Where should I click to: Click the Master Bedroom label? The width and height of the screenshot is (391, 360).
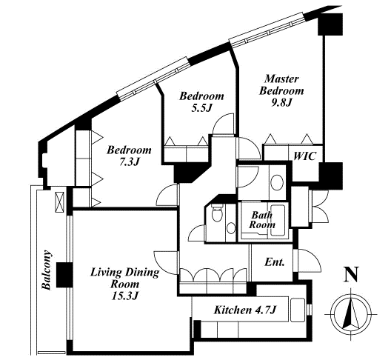click(x=281, y=85)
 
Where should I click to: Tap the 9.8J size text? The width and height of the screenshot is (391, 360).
click(x=281, y=102)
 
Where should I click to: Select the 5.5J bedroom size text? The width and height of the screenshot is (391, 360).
click(x=201, y=107)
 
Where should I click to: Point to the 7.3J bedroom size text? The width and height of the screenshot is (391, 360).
click(x=129, y=162)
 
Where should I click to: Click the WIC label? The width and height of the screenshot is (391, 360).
click(x=304, y=156)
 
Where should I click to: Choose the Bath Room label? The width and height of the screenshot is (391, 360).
click(x=262, y=220)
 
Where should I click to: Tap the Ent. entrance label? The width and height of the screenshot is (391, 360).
click(x=275, y=262)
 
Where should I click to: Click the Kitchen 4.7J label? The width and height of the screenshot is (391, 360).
click(x=245, y=310)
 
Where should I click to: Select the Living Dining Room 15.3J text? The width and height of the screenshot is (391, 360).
click(x=124, y=284)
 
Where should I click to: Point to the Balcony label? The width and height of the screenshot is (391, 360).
click(x=47, y=270)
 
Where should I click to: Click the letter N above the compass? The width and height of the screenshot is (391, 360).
click(x=351, y=274)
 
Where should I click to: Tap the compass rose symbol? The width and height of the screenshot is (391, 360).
click(x=351, y=314)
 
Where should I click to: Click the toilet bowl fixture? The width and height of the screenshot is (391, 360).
click(x=216, y=213)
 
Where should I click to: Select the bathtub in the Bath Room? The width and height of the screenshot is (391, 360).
click(x=278, y=221)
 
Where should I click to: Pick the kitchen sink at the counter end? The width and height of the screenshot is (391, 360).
click(x=297, y=310)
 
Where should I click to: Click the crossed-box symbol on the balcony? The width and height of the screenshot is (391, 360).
click(x=59, y=202)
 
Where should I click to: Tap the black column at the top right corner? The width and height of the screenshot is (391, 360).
click(x=330, y=24)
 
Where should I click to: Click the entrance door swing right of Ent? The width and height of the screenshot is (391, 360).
click(x=310, y=260)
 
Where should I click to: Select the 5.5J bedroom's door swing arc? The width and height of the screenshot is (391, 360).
click(x=223, y=124)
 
